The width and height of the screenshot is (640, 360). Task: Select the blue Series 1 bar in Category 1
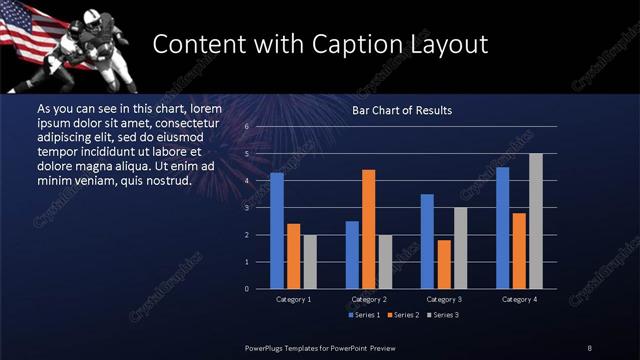tap(277, 230)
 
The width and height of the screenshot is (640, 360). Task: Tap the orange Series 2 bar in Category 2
tap(368, 228)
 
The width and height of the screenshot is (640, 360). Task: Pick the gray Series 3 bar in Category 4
tap(536, 220)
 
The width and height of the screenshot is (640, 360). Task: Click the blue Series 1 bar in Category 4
tap(503, 227)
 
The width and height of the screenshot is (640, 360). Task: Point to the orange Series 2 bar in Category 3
tap(444, 264)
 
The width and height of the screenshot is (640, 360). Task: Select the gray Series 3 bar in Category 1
tap(309, 261)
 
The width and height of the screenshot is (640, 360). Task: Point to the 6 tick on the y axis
tap(247, 127)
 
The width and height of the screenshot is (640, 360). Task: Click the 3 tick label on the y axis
tap(247, 208)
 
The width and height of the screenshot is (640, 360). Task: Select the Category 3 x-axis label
tap(444, 299)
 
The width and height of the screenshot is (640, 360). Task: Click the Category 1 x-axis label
tap(293, 299)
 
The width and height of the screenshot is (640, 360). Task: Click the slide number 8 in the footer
tap(590, 347)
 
